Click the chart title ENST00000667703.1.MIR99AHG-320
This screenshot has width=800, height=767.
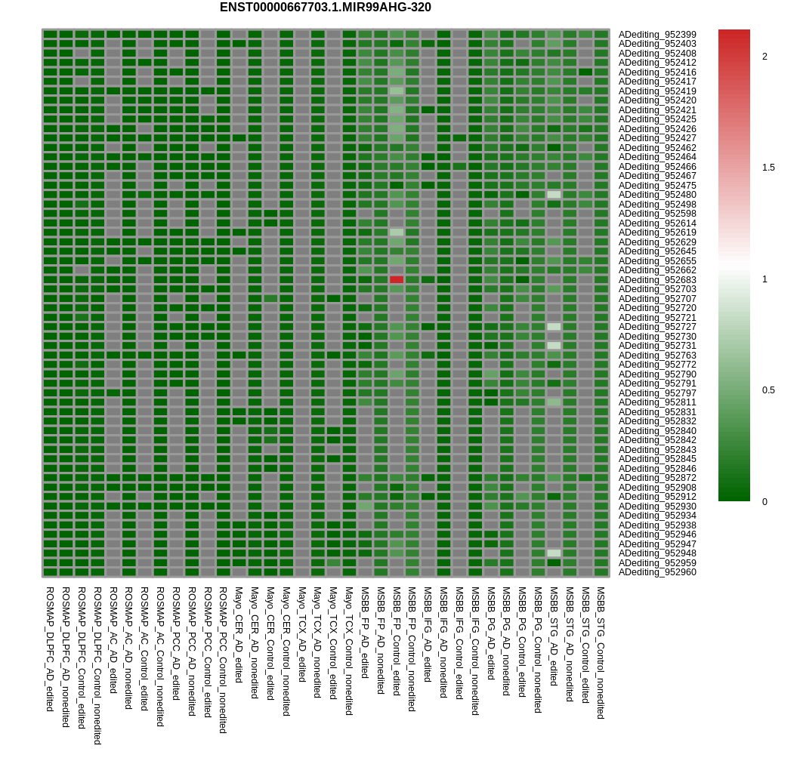click(x=326, y=8)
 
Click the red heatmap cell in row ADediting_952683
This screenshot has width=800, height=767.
click(x=397, y=279)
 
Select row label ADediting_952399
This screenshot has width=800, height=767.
click(x=657, y=35)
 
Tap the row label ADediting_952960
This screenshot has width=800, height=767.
click(x=657, y=572)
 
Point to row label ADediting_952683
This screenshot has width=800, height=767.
click(x=657, y=280)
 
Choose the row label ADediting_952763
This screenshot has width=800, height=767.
click(x=657, y=356)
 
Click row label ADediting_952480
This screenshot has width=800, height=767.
click(x=657, y=195)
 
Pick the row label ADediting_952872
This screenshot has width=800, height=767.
click(x=657, y=478)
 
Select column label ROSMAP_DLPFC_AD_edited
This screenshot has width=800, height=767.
click(x=50, y=648)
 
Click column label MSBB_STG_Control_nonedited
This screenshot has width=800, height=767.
click(x=601, y=653)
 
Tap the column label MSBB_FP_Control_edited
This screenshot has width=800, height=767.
click(x=396, y=641)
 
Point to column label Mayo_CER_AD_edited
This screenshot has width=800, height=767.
click(x=239, y=635)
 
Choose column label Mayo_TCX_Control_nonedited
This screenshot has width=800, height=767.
click(x=349, y=651)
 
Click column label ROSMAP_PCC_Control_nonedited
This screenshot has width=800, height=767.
click(x=223, y=660)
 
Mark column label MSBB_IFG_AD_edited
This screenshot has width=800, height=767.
click(x=428, y=635)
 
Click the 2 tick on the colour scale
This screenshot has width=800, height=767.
click(x=764, y=57)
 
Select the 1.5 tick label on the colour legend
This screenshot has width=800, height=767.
click(x=768, y=168)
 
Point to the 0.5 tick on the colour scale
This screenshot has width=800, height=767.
click(x=768, y=390)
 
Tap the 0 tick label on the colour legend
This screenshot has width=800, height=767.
click(x=764, y=502)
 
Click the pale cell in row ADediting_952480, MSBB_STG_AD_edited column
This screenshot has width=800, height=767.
click(x=554, y=195)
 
